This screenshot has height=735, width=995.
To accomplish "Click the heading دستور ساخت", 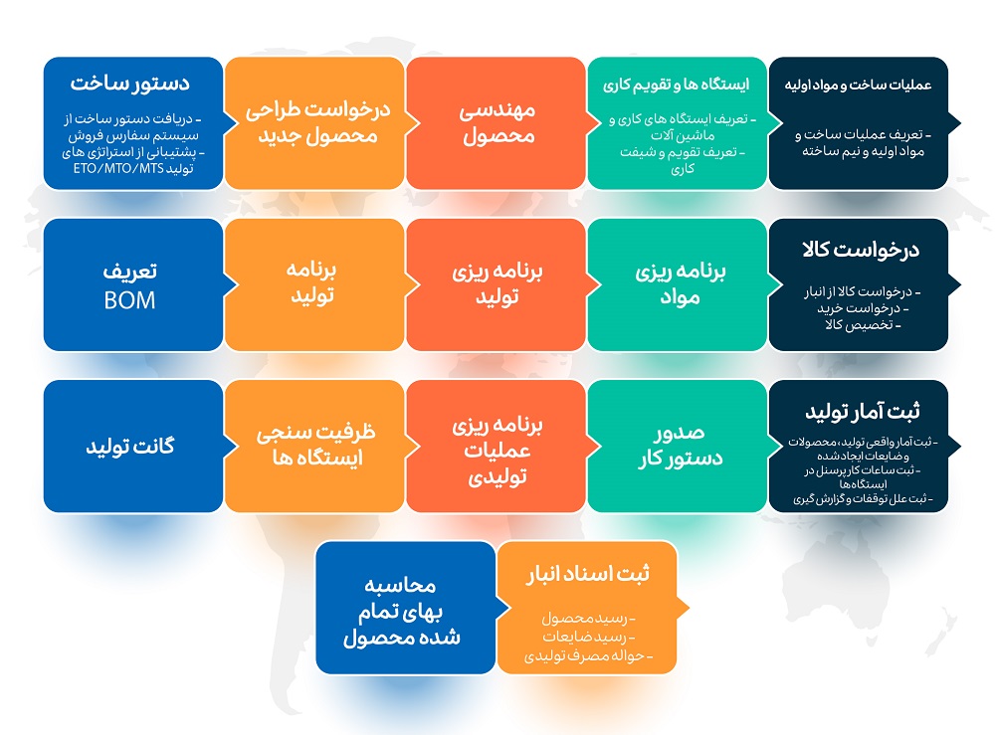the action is pos(130,84).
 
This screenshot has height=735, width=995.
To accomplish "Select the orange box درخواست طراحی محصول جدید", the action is pos(314,123).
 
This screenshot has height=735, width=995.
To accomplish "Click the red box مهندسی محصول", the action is pos(497,123).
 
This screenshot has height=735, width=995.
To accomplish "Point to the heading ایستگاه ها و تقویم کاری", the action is pos(676,85).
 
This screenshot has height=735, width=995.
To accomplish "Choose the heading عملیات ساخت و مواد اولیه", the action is pos(858,85).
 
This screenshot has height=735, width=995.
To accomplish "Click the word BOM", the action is pos(129,300).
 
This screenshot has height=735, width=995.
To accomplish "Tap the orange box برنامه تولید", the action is pos(314,284).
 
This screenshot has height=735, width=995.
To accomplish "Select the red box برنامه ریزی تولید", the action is pos(497,284).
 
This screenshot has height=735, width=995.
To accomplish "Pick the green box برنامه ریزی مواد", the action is pos(678,284).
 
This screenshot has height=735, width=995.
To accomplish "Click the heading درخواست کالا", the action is pos(861,250).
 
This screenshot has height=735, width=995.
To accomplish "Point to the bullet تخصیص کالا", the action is pos(863,324).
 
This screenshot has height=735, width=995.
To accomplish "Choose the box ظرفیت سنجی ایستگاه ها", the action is pos(314,446).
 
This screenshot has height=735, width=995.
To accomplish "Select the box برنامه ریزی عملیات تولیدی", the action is pos(497,446).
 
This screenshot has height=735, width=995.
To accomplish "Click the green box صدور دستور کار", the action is pos(678,446).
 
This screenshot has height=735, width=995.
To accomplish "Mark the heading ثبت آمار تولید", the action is pos(863,412).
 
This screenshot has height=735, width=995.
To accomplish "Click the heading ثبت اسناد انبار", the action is pos(588,574).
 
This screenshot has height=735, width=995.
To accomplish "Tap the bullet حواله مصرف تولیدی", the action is pos(588,655).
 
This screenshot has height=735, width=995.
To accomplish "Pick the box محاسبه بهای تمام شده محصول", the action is pos(406,608).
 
